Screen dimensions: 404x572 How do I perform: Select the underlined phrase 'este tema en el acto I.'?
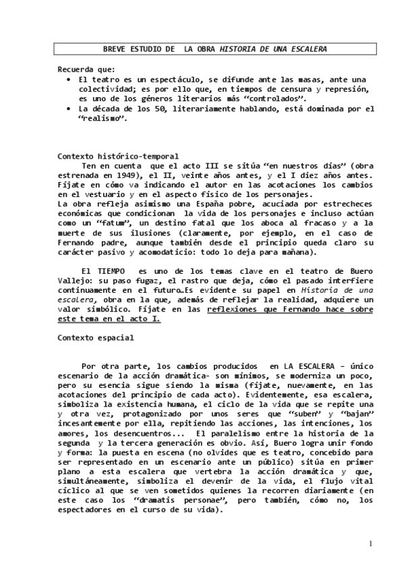click(109, 318)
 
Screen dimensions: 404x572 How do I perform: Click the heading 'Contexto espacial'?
click(96, 337)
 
